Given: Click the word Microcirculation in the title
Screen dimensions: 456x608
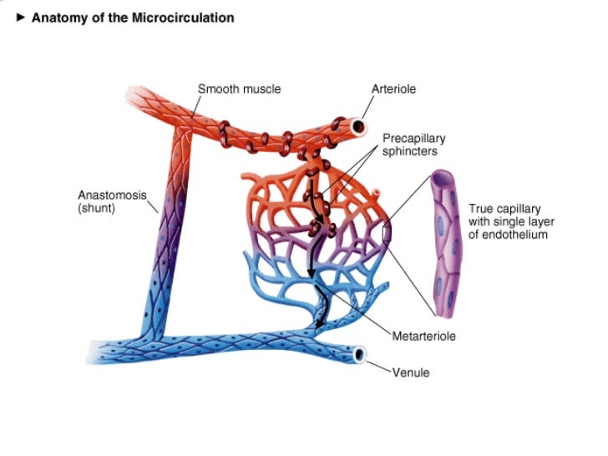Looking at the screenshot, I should click(182, 18).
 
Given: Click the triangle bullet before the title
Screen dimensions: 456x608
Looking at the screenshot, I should click(22, 18).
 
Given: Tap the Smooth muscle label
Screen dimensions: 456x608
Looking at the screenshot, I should click(239, 89).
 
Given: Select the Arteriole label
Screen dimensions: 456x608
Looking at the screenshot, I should click(393, 89).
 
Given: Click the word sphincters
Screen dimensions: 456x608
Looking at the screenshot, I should click(410, 151).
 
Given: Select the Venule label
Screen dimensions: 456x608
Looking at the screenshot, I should click(411, 372).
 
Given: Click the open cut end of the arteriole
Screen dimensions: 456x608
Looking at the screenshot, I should click(357, 128).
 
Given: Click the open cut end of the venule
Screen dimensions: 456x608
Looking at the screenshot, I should click(360, 355).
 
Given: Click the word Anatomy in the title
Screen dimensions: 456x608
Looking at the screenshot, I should click(60, 18).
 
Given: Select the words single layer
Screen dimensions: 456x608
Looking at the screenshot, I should click(519, 221).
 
